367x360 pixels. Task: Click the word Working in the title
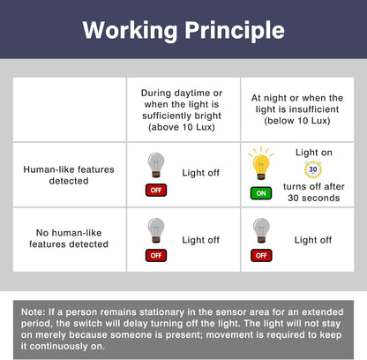click(x=131, y=31)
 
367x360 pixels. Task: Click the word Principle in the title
click(x=235, y=31)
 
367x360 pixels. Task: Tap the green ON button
click(x=261, y=193)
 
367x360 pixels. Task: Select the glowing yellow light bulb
click(x=261, y=163)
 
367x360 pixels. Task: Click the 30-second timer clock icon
click(x=313, y=169)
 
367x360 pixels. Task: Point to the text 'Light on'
click(x=314, y=153)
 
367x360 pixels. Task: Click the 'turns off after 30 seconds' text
click(x=314, y=192)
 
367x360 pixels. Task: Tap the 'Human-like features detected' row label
click(x=69, y=175)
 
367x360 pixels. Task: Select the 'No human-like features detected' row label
click(x=69, y=238)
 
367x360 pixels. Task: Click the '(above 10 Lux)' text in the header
click(x=182, y=127)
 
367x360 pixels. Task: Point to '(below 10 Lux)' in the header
click(x=297, y=121)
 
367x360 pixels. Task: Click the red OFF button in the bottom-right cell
click(x=261, y=255)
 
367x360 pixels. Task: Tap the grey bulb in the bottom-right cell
click(x=261, y=230)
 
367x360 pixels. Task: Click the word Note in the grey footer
click(x=34, y=311)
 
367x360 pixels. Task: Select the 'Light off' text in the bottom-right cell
click(x=313, y=240)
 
